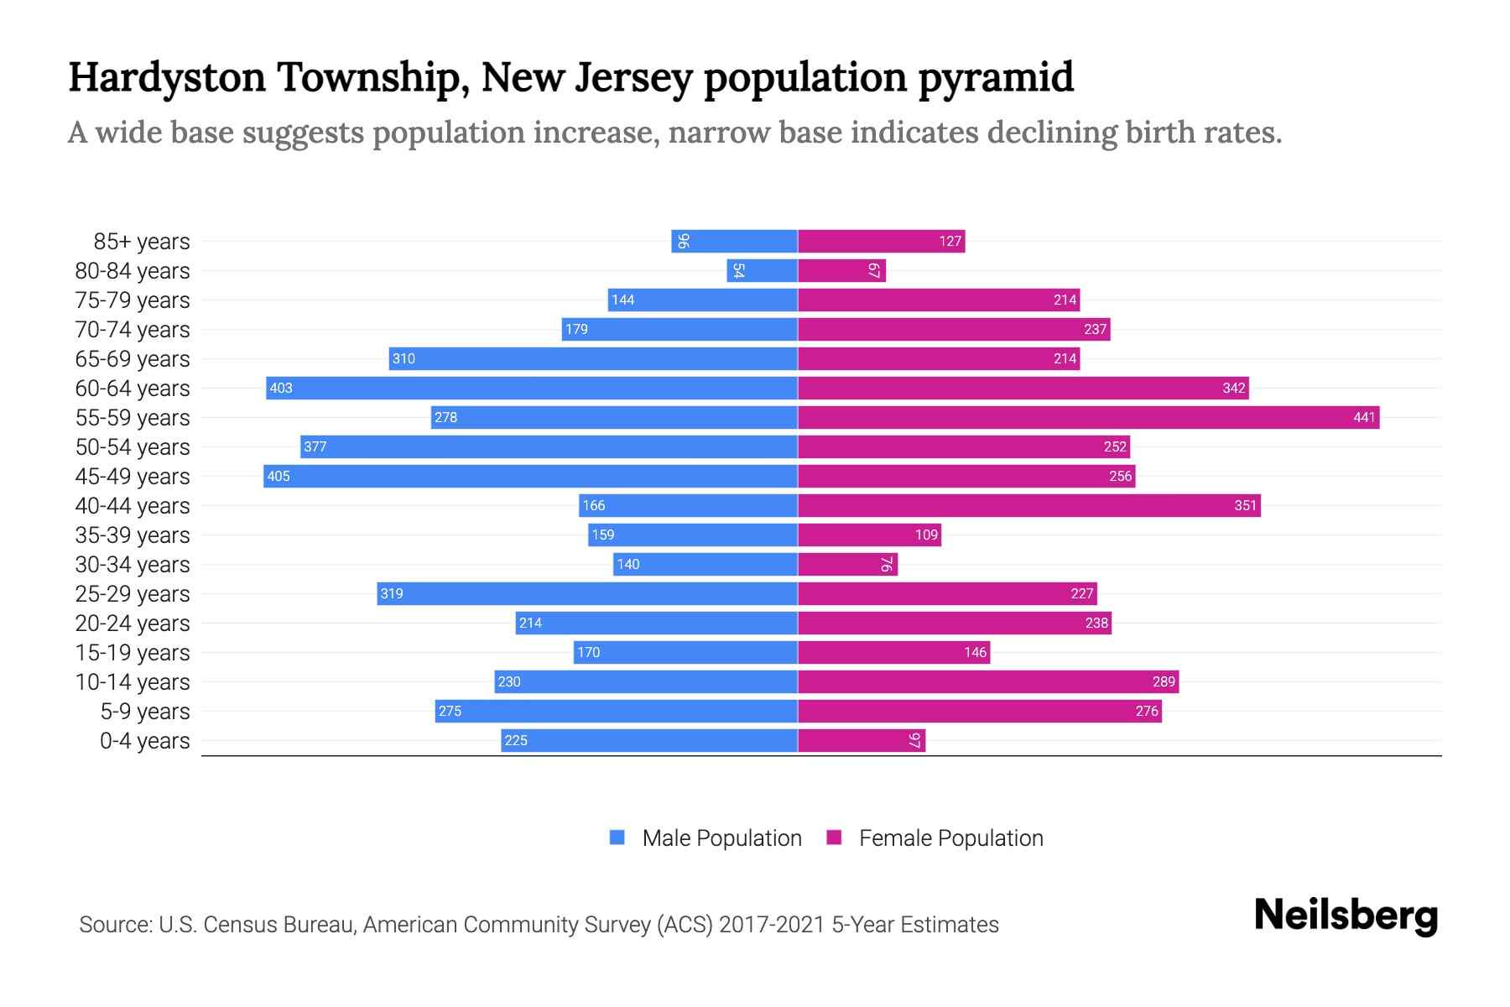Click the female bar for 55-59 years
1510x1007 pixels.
[x=1088, y=417]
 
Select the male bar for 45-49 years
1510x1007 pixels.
[x=530, y=476]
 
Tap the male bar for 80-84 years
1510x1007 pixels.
[x=762, y=270]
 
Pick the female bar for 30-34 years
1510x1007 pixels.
[x=847, y=564]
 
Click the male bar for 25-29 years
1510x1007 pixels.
[x=587, y=593]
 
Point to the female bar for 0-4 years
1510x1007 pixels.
[x=862, y=740]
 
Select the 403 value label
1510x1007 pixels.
[x=281, y=388]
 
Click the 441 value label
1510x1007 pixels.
[x=1364, y=417]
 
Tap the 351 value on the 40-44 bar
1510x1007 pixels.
[x=1245, y=505]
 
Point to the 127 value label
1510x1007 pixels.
[x=950, y=241]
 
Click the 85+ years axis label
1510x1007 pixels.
[x=142, y=242]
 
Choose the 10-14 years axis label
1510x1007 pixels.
[x=133, y=682]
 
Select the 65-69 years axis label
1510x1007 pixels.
[x=133, y=359]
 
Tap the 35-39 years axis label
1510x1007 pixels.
[x=133, y=535]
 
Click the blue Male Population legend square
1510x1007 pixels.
[x=617, y=837]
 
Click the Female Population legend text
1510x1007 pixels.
[x=950, y=837]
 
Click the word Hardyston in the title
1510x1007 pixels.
[x=167, y=77]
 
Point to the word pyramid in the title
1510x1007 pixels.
[x=996, y=77]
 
